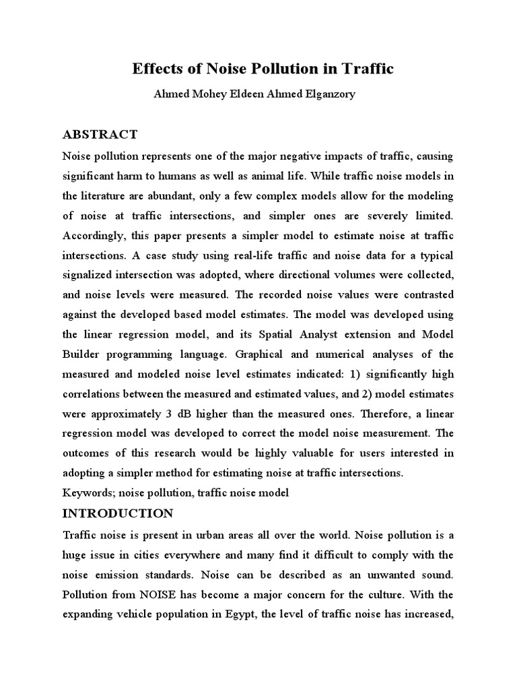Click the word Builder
pos(83,354)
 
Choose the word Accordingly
pos(95,235)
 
